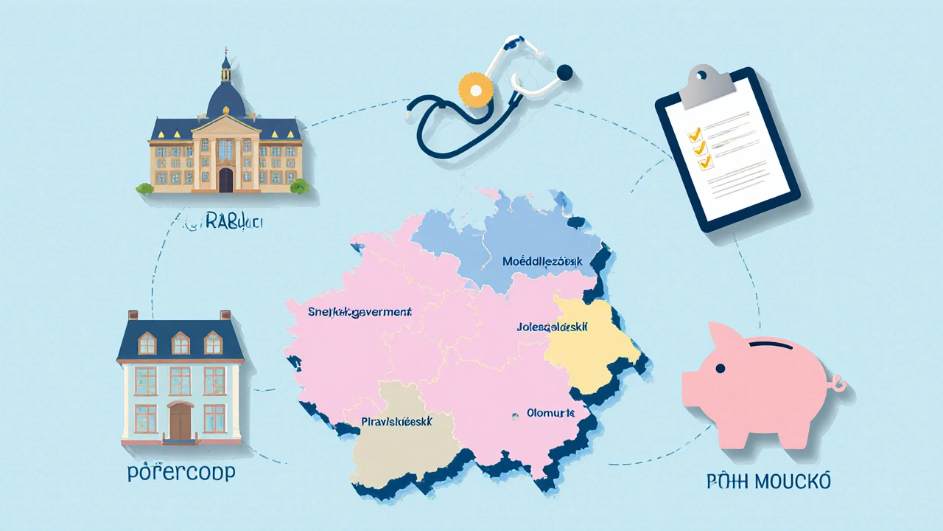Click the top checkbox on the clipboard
(693, 135)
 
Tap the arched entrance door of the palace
(226, 179)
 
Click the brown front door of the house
(180, 420)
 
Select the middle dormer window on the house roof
(180, 342)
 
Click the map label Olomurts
(551, 414)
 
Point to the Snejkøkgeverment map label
(359, 312)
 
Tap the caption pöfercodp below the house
(181, 473)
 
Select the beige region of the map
(398, 450)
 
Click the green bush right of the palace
(299, 186)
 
